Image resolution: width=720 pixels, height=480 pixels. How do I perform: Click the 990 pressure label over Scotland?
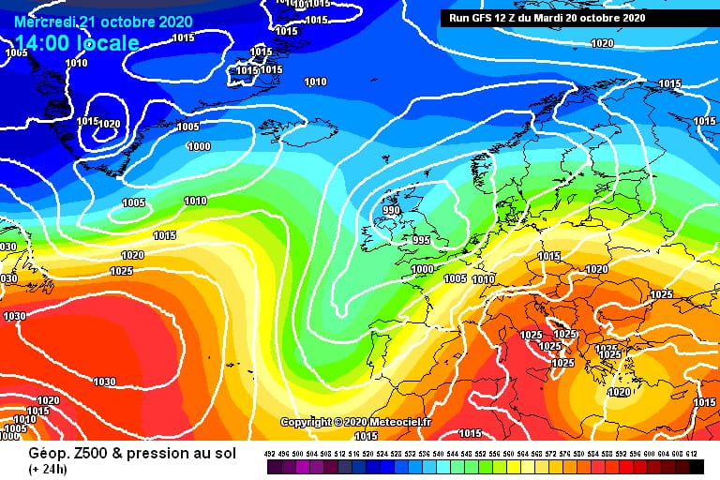click(390, 211)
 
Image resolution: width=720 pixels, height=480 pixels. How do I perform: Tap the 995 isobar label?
click(421, 240)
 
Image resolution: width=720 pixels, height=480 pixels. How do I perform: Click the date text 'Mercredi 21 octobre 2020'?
click(104, 22)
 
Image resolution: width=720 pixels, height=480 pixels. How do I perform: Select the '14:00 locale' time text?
click(77, 43)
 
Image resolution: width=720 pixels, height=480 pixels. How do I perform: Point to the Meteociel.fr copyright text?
click(355, 422)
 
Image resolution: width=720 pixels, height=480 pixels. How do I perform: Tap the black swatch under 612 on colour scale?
click(695, 466)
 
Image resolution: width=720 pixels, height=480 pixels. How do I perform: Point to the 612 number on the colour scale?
click(695, 453)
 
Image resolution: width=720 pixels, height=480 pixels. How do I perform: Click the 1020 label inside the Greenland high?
click(110, 124)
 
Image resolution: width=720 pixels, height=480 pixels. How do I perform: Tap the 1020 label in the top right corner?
click(602, 44)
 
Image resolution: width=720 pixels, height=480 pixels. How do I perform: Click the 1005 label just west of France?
click(455, 278)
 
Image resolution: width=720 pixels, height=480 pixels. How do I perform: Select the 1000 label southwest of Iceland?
click(199, 146)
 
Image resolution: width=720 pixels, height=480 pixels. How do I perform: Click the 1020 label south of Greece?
click(619, 393)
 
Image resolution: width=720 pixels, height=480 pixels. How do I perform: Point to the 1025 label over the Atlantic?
click(122, 271)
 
